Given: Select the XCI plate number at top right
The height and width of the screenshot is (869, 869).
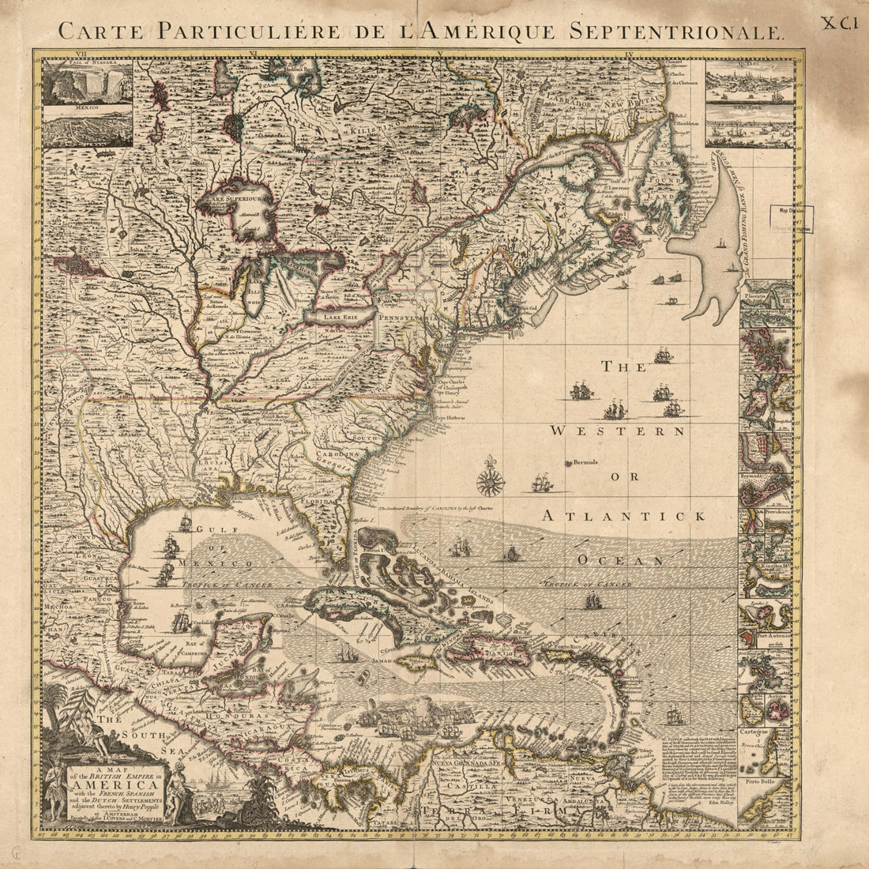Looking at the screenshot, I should pos(837,24).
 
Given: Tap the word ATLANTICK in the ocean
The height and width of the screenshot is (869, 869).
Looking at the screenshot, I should pos(624,515).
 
